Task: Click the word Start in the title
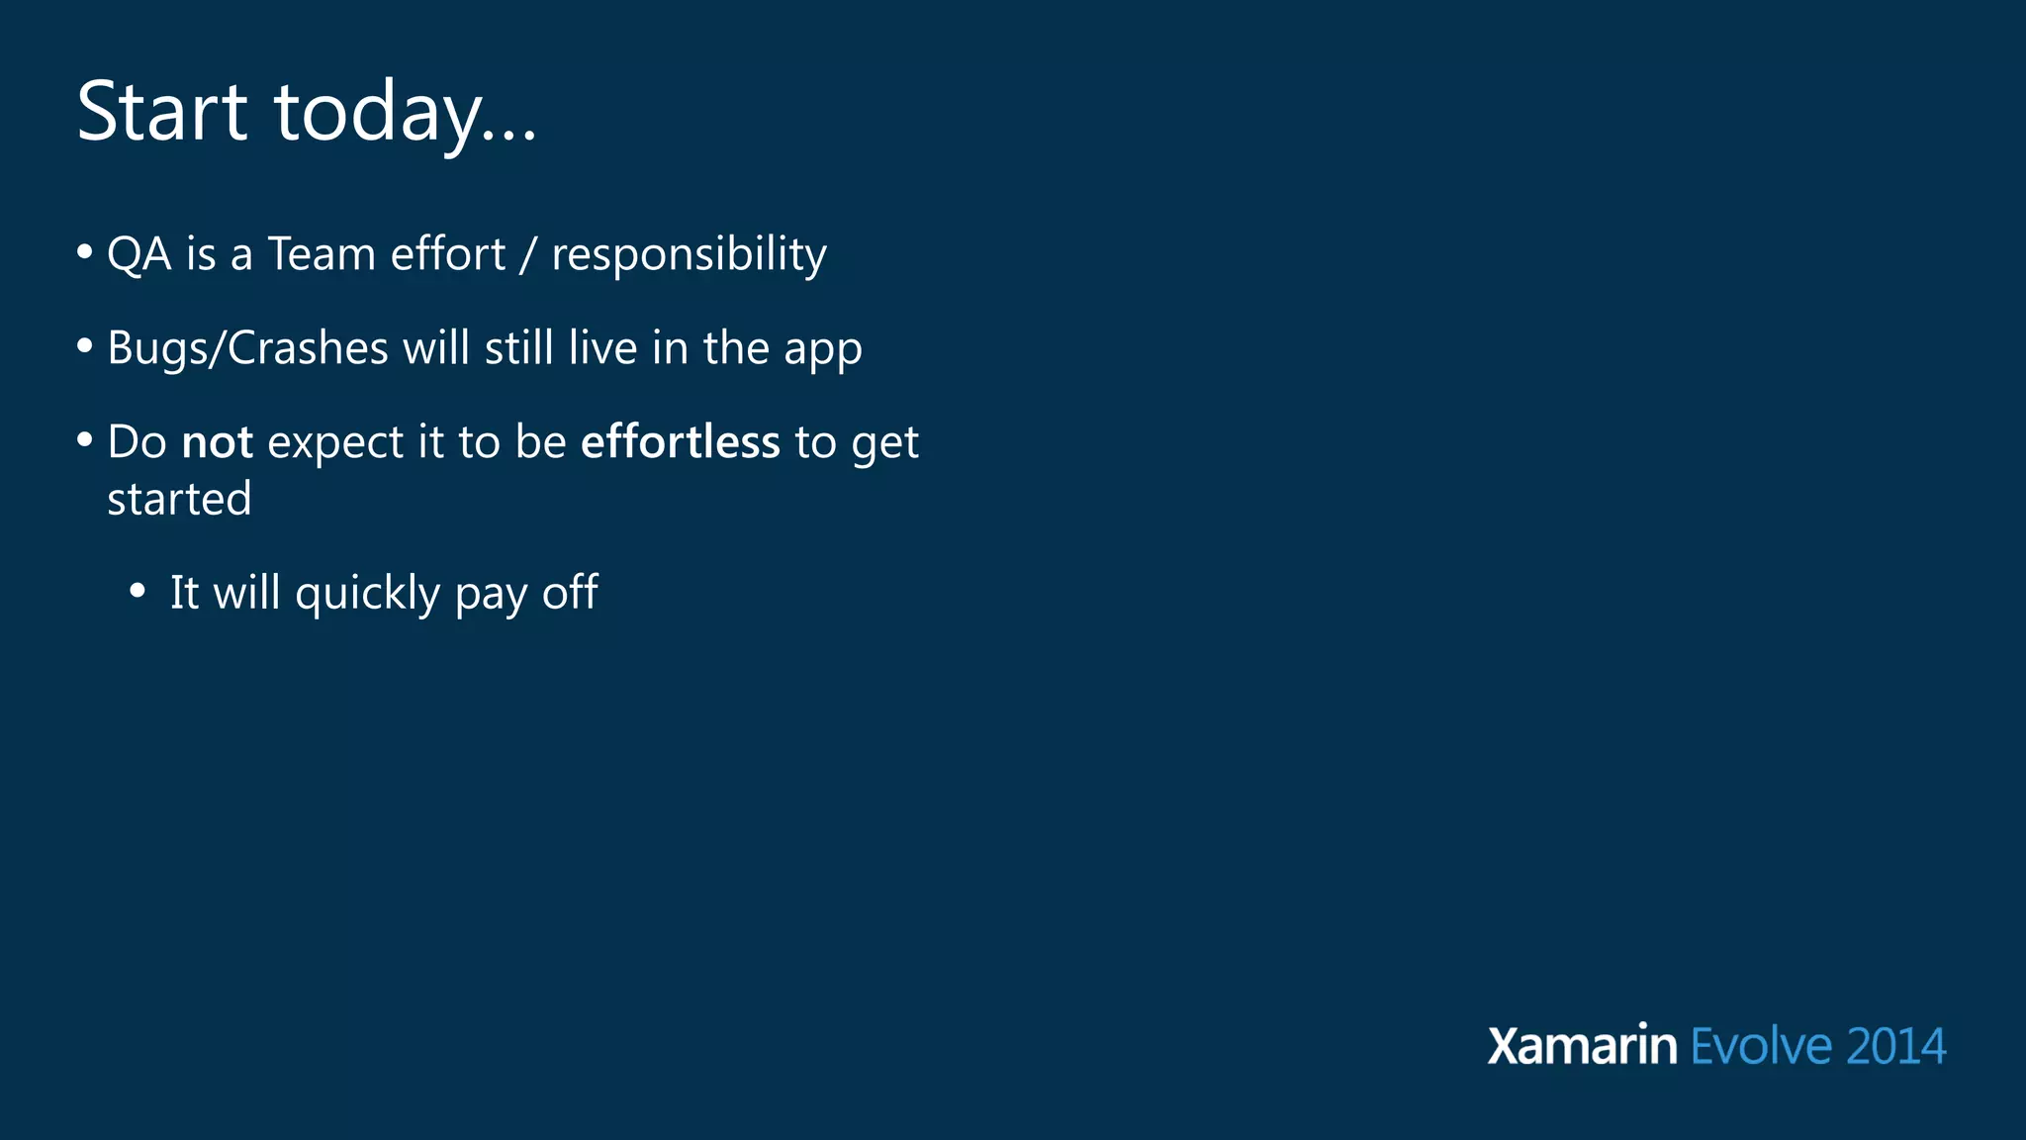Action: pyautogui.click(x=161, y=111)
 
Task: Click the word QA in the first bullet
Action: pyautogui.click(x=138, y=254)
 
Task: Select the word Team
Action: pyautogui.click(x=322, y=254)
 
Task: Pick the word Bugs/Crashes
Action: pyautogui.click(x=247, y=349)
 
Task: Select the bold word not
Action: pyautogui.click(x=218, y=442)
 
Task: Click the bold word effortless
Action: pyautogui.click(x=680, y=442)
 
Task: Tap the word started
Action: pyautogui.click(x=179, y=499)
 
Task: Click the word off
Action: pyautogui.click(x=570, y=593)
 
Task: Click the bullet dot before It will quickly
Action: pyautogui.click(x=138, y=592)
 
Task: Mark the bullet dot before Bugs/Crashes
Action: pyautogui.click(x=85, y=346)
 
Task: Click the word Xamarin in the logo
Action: pyautogui.click(x=1582, y=1046)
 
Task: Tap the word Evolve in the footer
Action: pyautogui.click(x=1761, y=1046)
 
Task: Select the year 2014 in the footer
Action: pyautogui.click(x=1895, y=1047)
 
